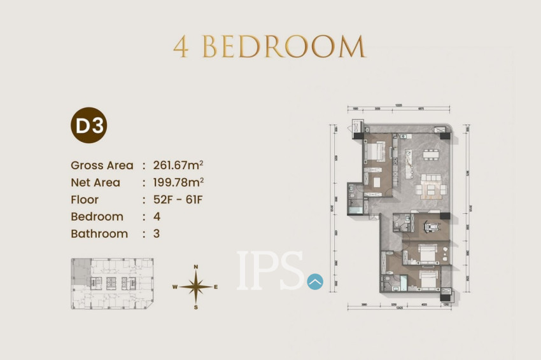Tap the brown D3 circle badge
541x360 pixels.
point(88,126)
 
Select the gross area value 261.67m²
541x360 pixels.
point(178,165)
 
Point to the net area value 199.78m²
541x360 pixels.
point(178,183)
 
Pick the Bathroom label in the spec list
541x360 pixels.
point(99,233)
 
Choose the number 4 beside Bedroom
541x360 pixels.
point(157,216)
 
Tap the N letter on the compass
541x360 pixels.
point(196,267)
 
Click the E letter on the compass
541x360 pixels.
point(216,287)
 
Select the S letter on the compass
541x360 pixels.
point(196,307)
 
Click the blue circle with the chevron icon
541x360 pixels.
point(315,281)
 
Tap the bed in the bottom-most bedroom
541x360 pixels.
point(425,279)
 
